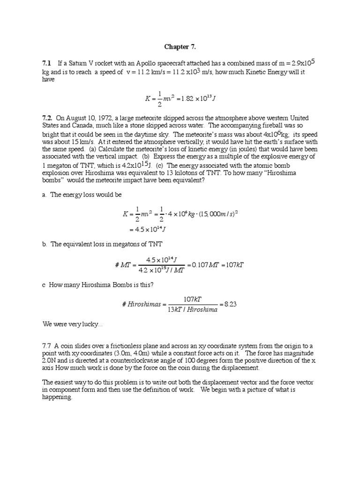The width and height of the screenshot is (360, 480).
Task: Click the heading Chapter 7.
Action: [x=180, y=47]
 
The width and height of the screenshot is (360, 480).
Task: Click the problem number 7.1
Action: [x=46, y=63]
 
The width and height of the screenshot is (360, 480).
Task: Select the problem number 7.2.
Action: [x=47, y=118]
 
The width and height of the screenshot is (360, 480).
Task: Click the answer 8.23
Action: [x=231, y=304]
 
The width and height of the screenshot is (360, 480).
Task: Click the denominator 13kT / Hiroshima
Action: [x=193, y=310]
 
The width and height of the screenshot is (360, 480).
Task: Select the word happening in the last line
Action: [x=57, y=397]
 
